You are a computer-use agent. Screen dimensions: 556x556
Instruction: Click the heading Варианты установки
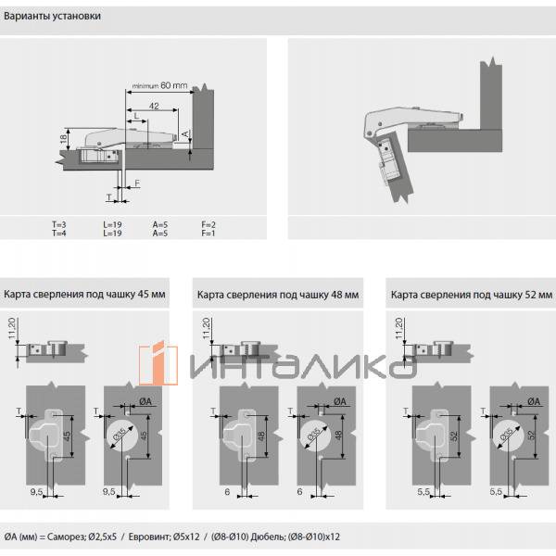pos(53,17)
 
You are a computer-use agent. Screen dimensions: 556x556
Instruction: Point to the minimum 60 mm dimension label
pos(159,86)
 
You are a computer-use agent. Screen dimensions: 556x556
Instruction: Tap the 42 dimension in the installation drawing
pos(154,107)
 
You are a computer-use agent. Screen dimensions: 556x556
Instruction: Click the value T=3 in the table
pos(59,225)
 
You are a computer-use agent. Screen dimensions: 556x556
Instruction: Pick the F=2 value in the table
pos(208,225)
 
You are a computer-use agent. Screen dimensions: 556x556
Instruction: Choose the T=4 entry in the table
pos(59,234)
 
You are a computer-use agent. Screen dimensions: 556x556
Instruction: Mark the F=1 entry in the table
pos(208,234)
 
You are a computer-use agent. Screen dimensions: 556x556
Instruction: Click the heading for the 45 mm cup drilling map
pos(84,294)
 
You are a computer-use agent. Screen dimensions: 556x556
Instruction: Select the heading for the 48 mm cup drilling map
pos(277,295)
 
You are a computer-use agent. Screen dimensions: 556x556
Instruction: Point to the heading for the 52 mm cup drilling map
pos(471,295)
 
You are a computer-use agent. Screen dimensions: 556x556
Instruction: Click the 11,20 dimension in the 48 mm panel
pos(204,327)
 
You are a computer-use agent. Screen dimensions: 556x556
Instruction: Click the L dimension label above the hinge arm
pos(136,115)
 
